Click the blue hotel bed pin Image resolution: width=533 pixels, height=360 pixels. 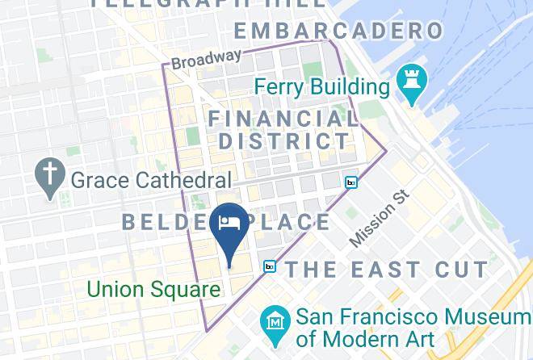point(229,227)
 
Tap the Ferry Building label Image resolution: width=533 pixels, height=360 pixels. point(322,86)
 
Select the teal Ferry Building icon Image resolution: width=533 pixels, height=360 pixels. point(412,84)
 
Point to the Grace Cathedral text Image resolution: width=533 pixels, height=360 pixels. point(151,179)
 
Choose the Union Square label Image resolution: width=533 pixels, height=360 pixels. point(153,289)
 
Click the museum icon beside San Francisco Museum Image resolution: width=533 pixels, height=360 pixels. point(276,320)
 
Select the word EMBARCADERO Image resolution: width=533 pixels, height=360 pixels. point(339,31)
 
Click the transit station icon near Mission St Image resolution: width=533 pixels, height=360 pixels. point(351,182)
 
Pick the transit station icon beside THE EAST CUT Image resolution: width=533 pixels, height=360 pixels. point(269,266)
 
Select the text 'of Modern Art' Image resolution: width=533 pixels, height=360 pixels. point(366,338)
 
